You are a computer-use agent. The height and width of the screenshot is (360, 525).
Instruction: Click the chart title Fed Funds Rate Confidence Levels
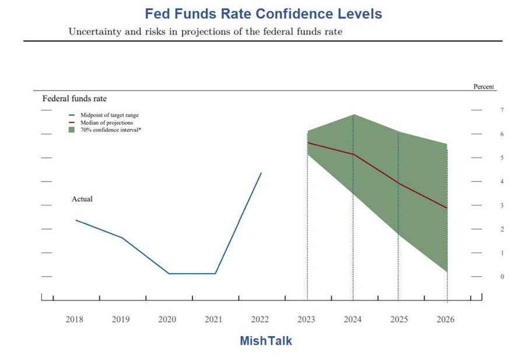point(263,13)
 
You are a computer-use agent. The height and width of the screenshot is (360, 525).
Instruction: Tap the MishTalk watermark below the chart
point(265,341)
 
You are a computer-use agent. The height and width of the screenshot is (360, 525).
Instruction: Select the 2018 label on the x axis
point(74,319)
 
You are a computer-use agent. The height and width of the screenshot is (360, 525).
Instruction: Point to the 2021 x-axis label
point(213,319)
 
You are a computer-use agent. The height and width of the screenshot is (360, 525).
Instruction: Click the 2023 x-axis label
point(306,319)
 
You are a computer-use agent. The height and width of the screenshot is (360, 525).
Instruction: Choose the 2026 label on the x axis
point(445,319)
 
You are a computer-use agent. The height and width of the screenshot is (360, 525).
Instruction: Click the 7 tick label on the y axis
point(485,110)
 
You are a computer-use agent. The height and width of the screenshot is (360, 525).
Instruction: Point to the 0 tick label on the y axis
point(485,277)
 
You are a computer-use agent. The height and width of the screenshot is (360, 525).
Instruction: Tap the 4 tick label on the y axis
point(485,181)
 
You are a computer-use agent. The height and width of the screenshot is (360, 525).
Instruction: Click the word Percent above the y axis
point(484,87)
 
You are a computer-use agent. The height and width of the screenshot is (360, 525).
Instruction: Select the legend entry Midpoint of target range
point(109,116)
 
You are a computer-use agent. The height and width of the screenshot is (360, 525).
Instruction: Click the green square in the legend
point(71,130)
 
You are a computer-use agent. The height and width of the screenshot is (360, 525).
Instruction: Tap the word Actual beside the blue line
point(82,199)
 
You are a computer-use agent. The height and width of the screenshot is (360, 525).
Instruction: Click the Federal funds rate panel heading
point(75,99)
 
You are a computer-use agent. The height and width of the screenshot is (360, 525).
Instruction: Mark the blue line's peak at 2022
point(261,173)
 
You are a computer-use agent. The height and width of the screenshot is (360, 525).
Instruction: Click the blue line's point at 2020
point(169,273)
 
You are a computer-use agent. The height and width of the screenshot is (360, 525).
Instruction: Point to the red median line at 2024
point(353,154)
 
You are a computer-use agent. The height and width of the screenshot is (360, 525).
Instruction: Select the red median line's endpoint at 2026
point(447,208)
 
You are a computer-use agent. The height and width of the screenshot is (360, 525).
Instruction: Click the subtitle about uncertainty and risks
point(205,32)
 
